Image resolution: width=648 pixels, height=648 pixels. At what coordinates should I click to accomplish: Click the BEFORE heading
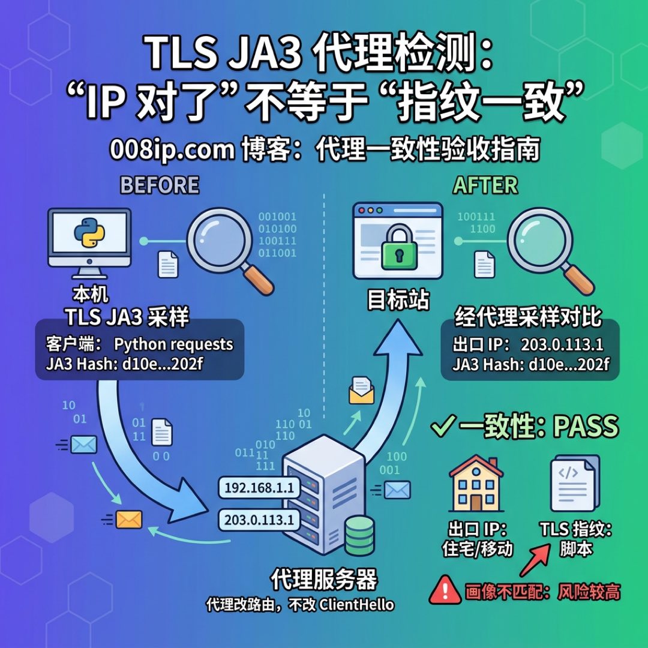tap(160, 185)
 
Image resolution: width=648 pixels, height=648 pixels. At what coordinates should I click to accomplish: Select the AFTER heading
tap(485, 185)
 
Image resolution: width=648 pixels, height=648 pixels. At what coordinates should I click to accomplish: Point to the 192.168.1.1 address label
tap(259, 488)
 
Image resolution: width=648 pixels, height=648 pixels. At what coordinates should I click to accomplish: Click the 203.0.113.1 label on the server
tap(259, 520)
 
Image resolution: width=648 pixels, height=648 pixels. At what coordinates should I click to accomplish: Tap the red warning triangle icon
tap(445, 590)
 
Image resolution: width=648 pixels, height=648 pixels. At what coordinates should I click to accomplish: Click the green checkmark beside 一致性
tap(443, 425)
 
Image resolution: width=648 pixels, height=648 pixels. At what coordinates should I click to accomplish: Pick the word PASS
tap(586, 426)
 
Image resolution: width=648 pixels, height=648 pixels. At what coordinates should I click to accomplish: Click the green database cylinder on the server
tap(359, 535)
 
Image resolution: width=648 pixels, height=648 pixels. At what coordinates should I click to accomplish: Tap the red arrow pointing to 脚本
tap(535, 560)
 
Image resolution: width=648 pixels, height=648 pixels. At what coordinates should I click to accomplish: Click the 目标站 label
tap(398, 299)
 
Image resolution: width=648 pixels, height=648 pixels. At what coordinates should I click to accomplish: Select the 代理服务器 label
tap(324, 580)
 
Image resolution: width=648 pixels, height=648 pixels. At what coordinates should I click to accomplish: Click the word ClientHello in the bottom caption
tap(356, 605)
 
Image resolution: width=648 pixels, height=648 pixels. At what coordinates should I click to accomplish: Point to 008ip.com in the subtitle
tap(172, 149)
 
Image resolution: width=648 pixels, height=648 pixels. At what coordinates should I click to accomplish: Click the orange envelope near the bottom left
tap(129, 520)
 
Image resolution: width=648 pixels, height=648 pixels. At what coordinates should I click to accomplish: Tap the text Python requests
tap(173, 344)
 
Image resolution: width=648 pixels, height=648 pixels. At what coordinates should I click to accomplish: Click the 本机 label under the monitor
tap(91, 295)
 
